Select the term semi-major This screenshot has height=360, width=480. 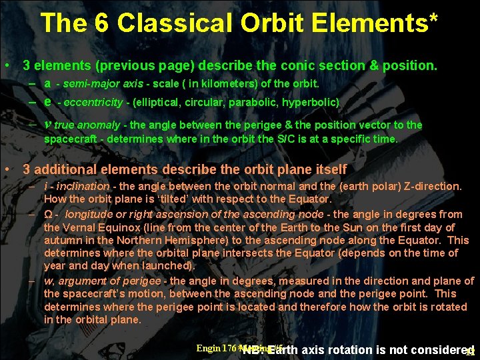pyautogui.click(x=87, y=85)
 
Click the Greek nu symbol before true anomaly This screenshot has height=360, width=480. pyautogui.click(x=47, y=125)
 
